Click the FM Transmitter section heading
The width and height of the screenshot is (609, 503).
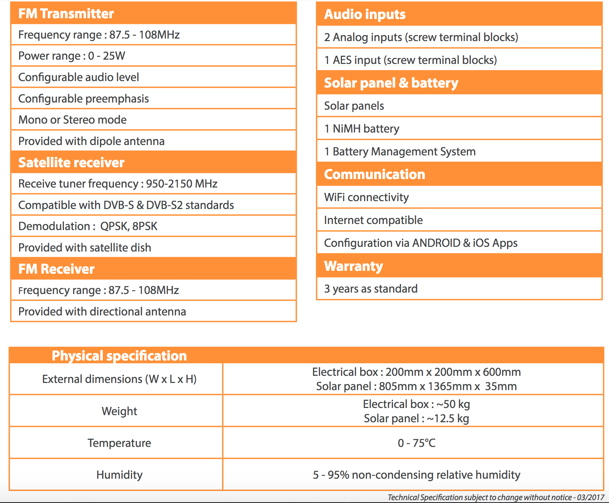(66, 14)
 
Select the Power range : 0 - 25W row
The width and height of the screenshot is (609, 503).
(72, 56)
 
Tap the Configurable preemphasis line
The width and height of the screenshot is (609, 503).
(84, 99)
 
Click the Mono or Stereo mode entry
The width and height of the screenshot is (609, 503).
(72, 120)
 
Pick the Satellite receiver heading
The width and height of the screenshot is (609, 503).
(71, 163)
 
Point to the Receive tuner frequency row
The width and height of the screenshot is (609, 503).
(118, 184)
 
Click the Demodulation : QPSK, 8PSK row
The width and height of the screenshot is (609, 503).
(88, 226)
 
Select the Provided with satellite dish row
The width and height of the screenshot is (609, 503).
(85, 248)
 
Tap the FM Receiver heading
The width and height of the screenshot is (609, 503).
(56, 269)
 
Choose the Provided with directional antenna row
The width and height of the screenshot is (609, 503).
(102, 312)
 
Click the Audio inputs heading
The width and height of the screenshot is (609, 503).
(365, 14)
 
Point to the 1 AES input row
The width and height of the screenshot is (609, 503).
(411, 60)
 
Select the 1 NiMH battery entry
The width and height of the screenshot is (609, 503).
(362, 129)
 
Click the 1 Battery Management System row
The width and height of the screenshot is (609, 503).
(400, 151)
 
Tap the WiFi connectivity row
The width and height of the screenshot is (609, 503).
(366, 197)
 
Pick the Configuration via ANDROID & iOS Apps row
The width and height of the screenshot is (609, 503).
(421, 243)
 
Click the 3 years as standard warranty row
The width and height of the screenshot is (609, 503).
(371, 289)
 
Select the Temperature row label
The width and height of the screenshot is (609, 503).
(119, 443)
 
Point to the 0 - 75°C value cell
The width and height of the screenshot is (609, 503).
(416, 443)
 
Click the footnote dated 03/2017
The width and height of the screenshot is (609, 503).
(496, 497)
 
